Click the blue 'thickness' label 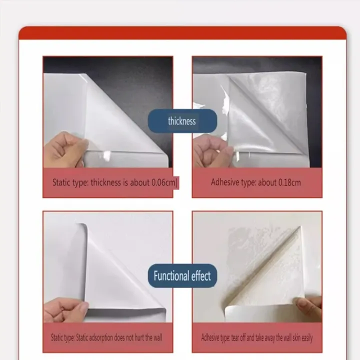182,121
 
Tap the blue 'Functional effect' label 182,275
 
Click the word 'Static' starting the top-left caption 62,182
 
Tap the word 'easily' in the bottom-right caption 304,338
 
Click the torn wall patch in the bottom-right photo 250,250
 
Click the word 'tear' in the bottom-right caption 236,338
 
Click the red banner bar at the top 182,33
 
